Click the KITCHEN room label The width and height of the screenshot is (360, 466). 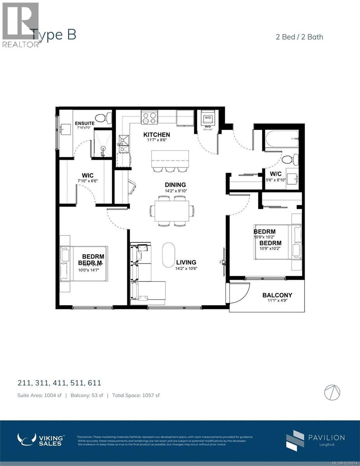tap(157, 135)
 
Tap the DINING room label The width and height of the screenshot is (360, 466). tap(175, 185)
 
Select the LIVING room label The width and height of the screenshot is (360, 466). tap(186, 262)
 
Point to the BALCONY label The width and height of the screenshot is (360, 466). tap(277, 295)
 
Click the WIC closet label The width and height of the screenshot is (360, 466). tap(86, 175)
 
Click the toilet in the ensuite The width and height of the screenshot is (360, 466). tap(103, 118)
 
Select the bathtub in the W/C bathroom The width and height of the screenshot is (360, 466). tap(282, 139)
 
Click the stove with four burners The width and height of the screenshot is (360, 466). tap(149, 117)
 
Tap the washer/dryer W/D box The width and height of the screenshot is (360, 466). tap(208, 118)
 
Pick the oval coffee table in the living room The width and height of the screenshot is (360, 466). tap(169, 255)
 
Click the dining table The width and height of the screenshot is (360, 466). tap(172, 211)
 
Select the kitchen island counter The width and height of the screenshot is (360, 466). tap(170, 158)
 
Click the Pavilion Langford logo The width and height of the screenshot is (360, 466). tap(315, 440)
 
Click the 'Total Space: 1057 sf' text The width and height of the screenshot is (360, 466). tap(136, 395)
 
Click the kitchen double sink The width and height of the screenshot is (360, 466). tap(123, 144)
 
